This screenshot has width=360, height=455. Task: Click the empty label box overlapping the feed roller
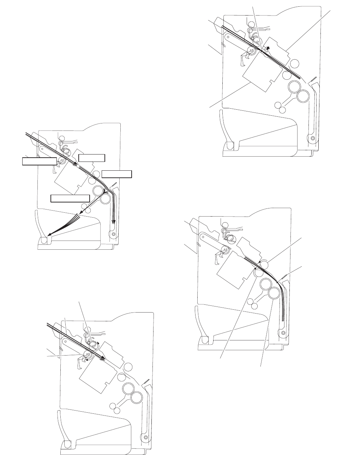(x=39, y=161)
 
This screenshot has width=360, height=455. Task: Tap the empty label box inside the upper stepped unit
(x=92, y=157)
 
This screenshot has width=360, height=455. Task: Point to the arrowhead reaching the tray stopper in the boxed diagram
(x=50, y=233)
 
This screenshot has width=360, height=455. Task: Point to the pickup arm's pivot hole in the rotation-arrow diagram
(x=65, y=341)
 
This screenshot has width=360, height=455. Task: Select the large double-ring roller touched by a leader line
(x=274, y=293)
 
